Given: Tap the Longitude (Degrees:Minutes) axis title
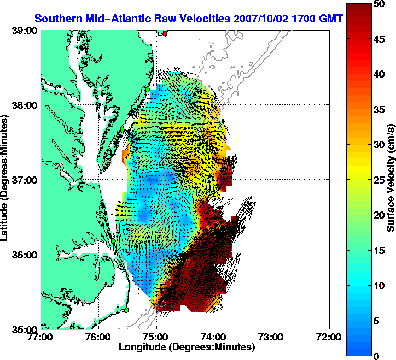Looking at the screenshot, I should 186,347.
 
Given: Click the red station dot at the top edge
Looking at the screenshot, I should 165,33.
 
